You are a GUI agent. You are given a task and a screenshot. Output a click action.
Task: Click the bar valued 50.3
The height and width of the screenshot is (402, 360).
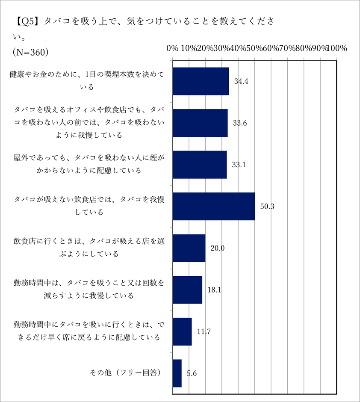pos(213,206)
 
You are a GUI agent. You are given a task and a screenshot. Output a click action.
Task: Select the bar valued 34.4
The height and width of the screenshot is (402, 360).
pos(200,81)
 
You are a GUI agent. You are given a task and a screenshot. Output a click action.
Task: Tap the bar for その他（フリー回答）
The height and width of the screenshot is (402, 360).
pos(177,373)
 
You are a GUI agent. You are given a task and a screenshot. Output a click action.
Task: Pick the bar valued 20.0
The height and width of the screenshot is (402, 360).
pos(189,248)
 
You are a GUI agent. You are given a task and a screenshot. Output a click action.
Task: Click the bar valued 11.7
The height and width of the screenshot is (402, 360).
pos(182,331)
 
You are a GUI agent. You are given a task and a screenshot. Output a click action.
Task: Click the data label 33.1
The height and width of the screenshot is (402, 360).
pos(238,165)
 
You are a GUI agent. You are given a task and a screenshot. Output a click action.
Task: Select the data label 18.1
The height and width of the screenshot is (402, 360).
pos(214,290)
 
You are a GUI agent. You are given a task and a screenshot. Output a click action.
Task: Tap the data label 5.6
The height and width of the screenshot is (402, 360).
pos(192,373)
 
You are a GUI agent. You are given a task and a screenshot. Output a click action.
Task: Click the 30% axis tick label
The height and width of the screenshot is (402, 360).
pos(221,48)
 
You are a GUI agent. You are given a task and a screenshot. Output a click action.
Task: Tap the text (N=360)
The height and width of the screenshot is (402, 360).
pos(30,52)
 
